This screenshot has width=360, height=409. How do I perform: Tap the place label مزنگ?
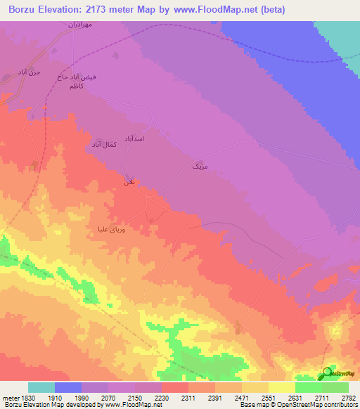(200, 167)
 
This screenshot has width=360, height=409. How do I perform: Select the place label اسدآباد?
(134, 138)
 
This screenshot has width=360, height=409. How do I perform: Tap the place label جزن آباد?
(30, 72)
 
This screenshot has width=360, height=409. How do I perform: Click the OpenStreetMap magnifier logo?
(327, 373)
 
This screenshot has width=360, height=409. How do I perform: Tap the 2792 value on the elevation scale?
(348, 397)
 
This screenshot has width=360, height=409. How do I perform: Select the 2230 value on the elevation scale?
(161, 397)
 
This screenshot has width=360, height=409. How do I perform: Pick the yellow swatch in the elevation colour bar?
(281, 387)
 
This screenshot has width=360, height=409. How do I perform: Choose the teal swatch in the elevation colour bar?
(41, 387)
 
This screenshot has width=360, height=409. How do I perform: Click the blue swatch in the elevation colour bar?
(68, 387)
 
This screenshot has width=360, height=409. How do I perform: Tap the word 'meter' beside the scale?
(9, 397)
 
